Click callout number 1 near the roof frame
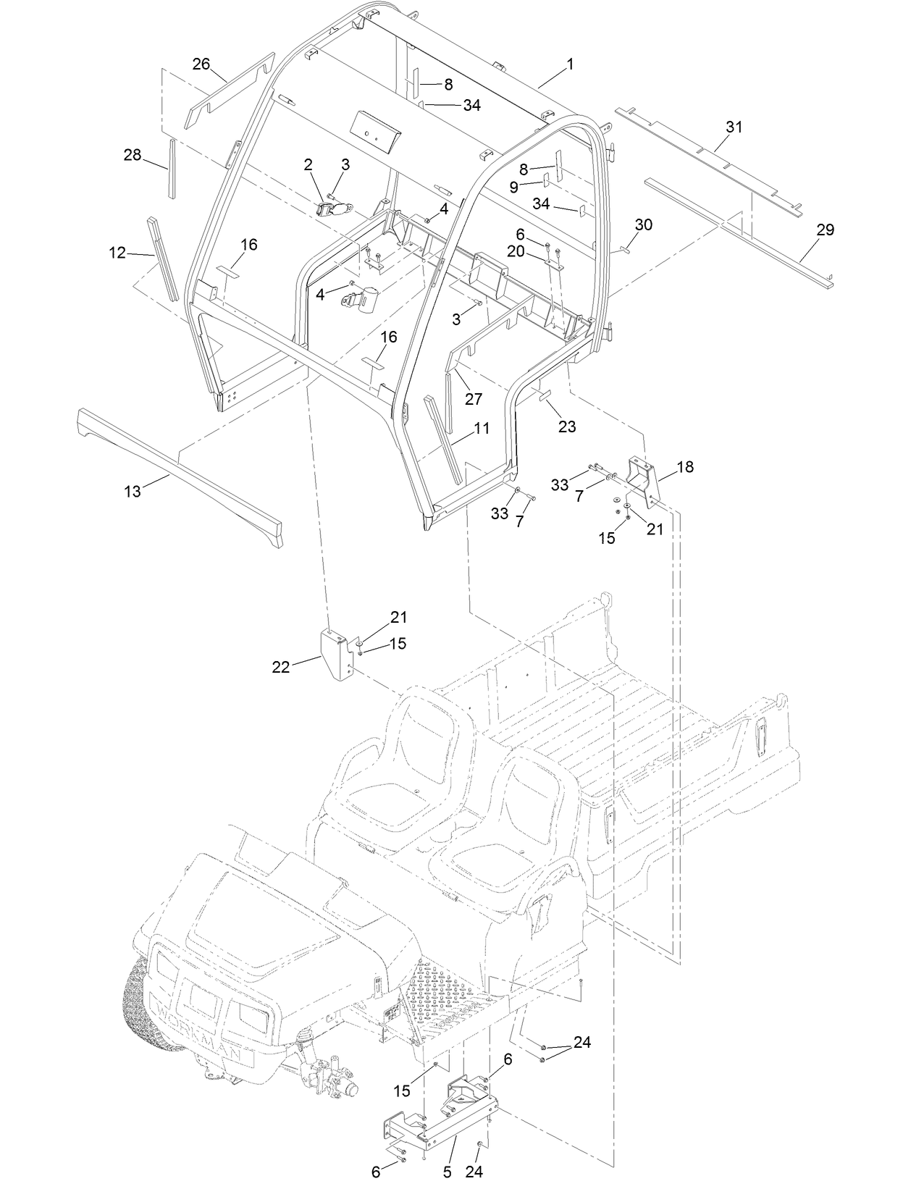570,64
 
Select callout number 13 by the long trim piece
133,492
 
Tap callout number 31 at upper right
734,127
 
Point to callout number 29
825,230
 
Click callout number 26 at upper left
201,64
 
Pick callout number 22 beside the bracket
281,668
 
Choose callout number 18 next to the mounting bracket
684,467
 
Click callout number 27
474,399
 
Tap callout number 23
567,427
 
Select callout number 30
643,225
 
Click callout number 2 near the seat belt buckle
308,165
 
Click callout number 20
536,251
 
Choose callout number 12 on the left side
118,253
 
